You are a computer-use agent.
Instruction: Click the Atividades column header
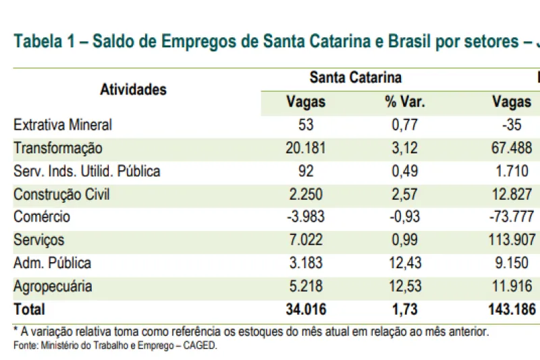[x=133, y=89]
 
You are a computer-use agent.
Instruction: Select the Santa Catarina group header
[x=355, y=78]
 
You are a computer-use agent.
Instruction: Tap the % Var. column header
[x=405, y=102]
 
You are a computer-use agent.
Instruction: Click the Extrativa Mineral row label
[x=63, y=125]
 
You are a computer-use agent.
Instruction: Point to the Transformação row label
[x=58, y=148]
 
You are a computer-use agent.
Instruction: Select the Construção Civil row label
[x=61, y=195]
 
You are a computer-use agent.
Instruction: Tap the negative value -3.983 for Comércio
[x=305, y=217]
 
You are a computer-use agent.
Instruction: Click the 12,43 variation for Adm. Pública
[x=404, y=263]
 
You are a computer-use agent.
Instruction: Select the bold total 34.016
[x=305, y=309]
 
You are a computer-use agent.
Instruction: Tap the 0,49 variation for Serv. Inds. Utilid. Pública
[x=404, y=171]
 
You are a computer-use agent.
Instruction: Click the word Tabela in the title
[x=37, y=41]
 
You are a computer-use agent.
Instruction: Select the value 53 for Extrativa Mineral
[x=305, y=125]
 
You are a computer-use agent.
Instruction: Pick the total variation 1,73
[x=404, y=309]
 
